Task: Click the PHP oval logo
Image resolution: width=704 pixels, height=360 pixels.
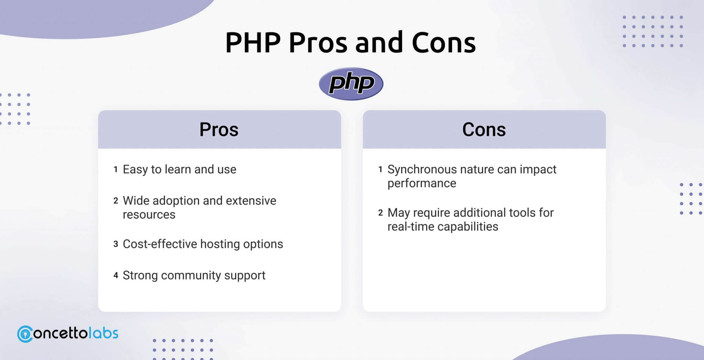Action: click(x=351, y=84)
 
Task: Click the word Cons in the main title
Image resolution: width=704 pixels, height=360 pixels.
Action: click(x=444, y=43)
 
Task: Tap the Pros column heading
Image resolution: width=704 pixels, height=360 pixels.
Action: click(x=219, y=130)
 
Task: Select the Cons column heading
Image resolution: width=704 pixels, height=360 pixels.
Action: click(x=484, y=130)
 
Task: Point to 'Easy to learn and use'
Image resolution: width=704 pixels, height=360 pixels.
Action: click(x=179, y=170)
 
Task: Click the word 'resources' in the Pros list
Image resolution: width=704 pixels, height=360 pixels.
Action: click(x=149, y=215)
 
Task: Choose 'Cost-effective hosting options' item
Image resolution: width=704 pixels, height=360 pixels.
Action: click(x=203, y=244)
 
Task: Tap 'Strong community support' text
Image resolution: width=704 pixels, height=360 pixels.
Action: click(x=194, y=275)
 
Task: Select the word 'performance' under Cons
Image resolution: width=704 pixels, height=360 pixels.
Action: click(x=422, y=184)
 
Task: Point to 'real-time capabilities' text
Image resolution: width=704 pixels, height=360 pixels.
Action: click(x=443, y=227)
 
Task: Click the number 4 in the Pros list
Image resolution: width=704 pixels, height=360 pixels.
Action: click(x=116, y=275)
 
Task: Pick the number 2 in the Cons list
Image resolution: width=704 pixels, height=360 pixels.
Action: click(x=381, y=213)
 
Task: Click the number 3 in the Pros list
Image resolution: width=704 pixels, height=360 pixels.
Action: click(x=116, y=244)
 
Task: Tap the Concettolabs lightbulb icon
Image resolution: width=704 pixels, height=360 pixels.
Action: click(x=25, y=334)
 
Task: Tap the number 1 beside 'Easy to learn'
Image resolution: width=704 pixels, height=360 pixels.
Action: click(x=116, y=170)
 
